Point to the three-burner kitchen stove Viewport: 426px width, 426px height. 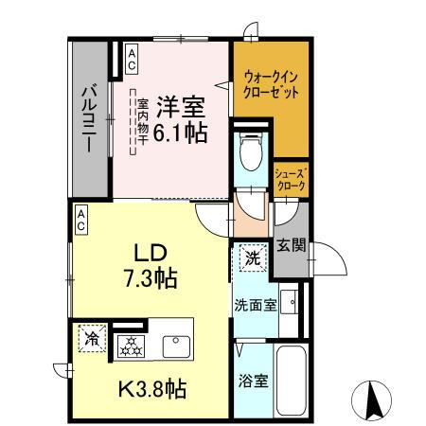tap(131, 346)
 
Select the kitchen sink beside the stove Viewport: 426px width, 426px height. tap(177, 346)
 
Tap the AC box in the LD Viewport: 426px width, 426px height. tap(81, 222)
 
